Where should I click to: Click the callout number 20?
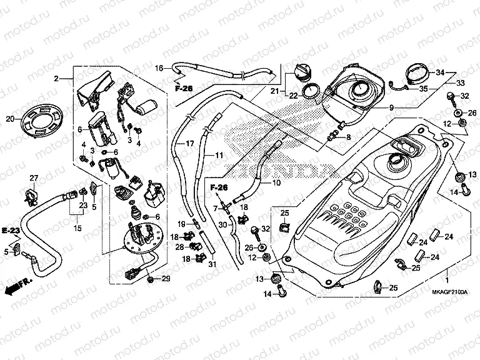tap(9, 119)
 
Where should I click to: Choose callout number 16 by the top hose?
tap(159, 67)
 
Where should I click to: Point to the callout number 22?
tap(292, 95)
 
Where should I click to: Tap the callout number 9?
tap(391, 107)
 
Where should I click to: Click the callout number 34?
tap(440, 73)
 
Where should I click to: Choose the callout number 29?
tap(166, 278)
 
